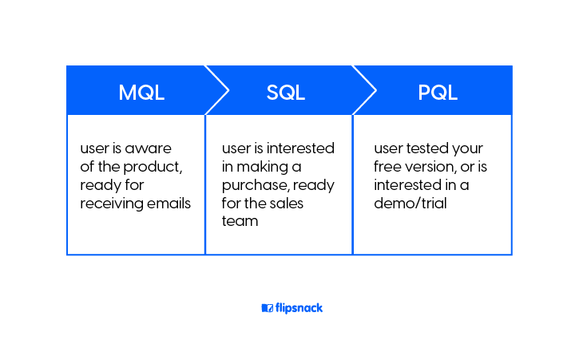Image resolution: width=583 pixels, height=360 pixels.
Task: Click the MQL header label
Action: coord(141,92)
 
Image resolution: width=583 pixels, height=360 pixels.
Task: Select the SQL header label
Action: coord(286,92)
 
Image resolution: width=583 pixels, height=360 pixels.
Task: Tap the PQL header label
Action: coord(438,92)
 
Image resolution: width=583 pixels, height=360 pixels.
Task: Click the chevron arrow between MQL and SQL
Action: coord(217,90)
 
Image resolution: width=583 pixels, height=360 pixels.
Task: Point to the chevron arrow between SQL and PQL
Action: coord(364,90)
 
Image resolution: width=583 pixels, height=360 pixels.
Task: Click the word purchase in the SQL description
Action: coord(250,185)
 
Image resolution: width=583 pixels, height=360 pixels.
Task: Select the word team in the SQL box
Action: coord(240,221)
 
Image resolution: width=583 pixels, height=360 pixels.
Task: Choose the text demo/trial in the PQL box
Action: coord(410,204)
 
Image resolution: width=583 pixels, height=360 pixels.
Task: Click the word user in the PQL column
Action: coord(388,149)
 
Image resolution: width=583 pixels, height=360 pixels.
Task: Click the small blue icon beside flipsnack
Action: coord(267,308)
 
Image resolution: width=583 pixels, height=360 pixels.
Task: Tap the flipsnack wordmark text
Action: coord(299,308)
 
